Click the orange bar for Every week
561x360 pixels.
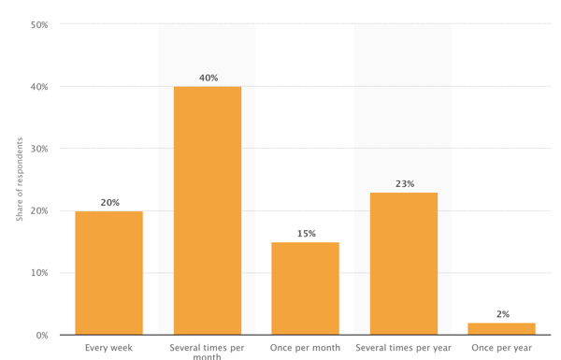109,273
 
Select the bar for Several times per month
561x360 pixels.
208,210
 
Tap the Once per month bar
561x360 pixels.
306,288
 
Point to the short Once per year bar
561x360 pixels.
502,329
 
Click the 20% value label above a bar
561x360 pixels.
109,203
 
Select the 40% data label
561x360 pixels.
208,79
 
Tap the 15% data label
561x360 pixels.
306,234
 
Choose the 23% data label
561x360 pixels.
404,184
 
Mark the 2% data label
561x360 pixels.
502,315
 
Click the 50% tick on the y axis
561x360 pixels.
40,24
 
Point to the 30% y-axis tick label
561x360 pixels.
40,149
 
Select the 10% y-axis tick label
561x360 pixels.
40,273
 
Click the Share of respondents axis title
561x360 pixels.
20,180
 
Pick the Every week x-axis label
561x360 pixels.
109,348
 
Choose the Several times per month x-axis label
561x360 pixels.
208,352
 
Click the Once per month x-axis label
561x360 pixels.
306,348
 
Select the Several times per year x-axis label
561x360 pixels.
404,348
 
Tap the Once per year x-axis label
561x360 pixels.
502,348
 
